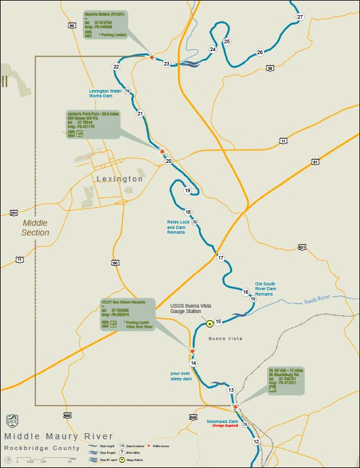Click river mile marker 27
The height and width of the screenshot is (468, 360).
[x=300, y=16]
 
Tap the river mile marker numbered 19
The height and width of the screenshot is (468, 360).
[x=188, y=190]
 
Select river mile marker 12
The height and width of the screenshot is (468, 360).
[x=256, y=442]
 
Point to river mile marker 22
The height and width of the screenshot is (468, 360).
[x=116, y=66]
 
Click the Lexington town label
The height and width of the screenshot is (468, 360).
[x=120, y=179]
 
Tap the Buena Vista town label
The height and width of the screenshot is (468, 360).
[x=225, y=339]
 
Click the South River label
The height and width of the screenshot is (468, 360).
[x=316, y=300]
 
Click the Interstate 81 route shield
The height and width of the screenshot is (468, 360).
[x=316, y=162]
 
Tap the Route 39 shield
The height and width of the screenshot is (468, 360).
[x=270, y=68]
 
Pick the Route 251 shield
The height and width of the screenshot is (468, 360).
[x=14, y=213]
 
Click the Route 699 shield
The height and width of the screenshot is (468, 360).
[x=69, y=415]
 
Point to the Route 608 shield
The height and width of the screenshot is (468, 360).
[x=193, y=417]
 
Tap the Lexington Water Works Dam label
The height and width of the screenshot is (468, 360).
[x=106, y=94]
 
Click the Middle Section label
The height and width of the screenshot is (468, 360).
[x=35, y=227]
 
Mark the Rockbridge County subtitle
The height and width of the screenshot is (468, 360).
[x=41, y=448]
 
